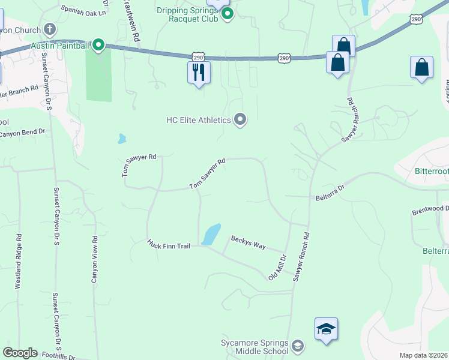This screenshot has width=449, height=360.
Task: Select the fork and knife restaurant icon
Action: [199, 73]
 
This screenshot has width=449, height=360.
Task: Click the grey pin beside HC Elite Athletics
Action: [240, 119]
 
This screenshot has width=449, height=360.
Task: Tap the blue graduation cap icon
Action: [326, 329]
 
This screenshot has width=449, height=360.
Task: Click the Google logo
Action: [20, 353]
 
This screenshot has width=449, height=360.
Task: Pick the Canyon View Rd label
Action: [94, 259]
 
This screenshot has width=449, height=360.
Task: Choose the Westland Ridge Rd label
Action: [19, 262]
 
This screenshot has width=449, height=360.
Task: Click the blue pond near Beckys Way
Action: [211, 233]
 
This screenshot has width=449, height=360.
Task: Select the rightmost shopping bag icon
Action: [422, 68]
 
